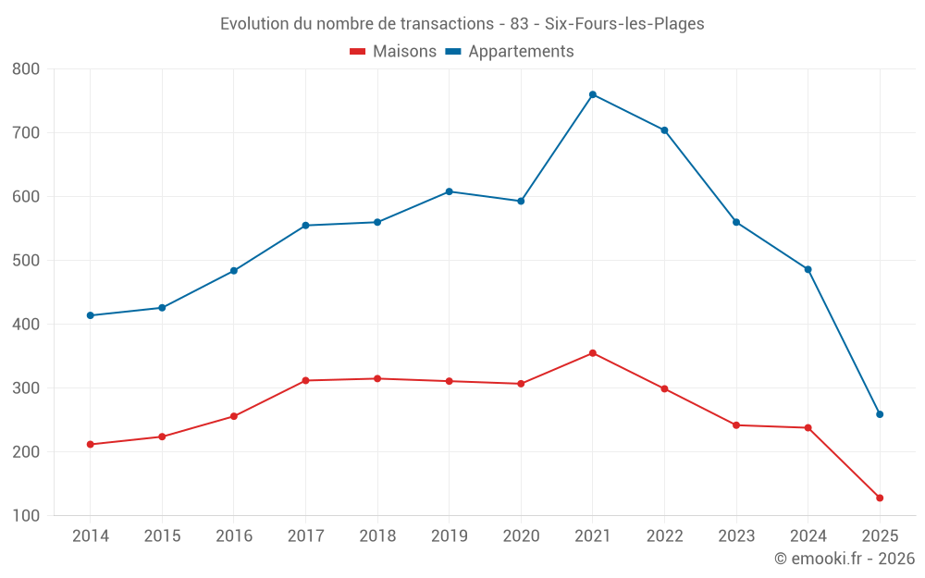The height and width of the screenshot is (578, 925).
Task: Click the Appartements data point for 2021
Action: pyautogui.click(x=593, y=94)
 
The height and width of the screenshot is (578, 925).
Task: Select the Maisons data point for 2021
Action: pyautogui.click(x=593, y=353)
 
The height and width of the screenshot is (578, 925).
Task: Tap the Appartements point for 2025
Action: pyautogui.click(x=880, y=414)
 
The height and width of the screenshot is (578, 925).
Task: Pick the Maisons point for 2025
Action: pyautogui.click(x=880, y=498)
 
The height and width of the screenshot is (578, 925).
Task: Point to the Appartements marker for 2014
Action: pyautogui.click(x=91, y=315)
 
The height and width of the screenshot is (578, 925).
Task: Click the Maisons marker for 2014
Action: pyautogui.click(x=91, y=445)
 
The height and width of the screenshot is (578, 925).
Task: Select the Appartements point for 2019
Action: pyautogui.click(x=450, y=191)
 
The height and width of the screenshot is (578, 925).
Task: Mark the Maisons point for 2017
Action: pyautogui.click(x=305, y=381)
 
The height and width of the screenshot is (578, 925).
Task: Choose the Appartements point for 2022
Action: pyautogui.click(x=664, y=130)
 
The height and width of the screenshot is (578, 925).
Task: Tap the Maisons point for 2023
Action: pyautogui.click(x=736, y=425)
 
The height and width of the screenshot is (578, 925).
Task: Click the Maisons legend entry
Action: pyautogui.click(x=393, y=52)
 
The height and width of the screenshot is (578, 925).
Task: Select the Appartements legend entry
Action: pyautogui.click(x=510, y=52)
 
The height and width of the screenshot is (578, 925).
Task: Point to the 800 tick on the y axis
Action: pyautogui.click(x=27, y=69)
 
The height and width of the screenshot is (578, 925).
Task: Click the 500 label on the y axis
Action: pyautogui.click(x=27, y=261)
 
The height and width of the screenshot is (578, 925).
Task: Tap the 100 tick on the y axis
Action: pyautogui.click(x=27, y=516)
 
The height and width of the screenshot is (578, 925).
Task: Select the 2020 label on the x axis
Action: pyautogui.click(x=521, y=536)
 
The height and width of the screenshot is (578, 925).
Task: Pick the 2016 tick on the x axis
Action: pyautogui.click(x=234, y=536)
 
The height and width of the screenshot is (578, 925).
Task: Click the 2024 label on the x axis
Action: pyautogui.click(x=808, y=536)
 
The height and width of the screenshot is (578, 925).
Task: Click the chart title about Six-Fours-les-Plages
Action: pyautogui.click(x=462, y=24)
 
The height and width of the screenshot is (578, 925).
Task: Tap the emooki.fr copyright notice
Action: pyautogui.click(x=844, y=559)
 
